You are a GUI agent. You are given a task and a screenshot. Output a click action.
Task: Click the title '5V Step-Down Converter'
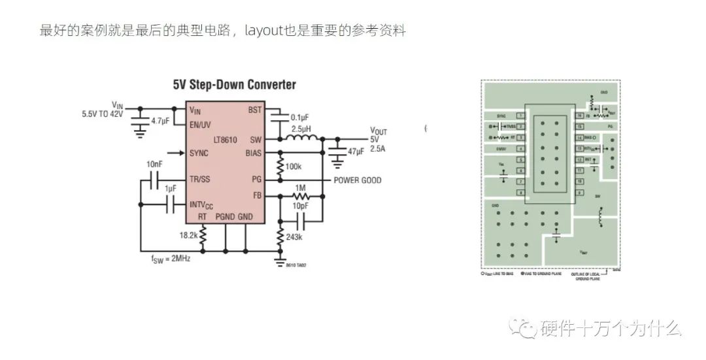234,85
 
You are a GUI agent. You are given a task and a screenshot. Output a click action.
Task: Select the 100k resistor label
293,167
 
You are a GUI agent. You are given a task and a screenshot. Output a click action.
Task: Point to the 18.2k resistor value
189,235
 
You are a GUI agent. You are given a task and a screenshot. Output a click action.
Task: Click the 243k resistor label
294,237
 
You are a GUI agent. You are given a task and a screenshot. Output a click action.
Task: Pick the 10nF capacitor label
155,163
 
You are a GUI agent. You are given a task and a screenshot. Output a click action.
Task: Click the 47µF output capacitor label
357,152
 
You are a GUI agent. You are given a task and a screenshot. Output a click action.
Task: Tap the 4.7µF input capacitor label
160,122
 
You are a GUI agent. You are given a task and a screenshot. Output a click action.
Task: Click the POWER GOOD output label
358,180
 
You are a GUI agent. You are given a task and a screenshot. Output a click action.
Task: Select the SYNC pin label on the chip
199,153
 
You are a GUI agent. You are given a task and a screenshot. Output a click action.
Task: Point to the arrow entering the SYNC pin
175,153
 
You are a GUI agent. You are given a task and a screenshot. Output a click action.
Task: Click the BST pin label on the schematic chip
254,110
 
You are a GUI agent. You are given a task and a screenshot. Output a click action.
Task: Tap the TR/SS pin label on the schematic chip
200,179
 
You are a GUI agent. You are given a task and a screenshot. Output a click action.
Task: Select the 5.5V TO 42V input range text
102,113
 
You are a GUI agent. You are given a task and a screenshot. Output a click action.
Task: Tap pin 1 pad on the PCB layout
521,115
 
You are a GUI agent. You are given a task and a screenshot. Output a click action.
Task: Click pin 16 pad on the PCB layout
579,115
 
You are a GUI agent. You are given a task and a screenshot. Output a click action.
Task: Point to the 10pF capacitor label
300,206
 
